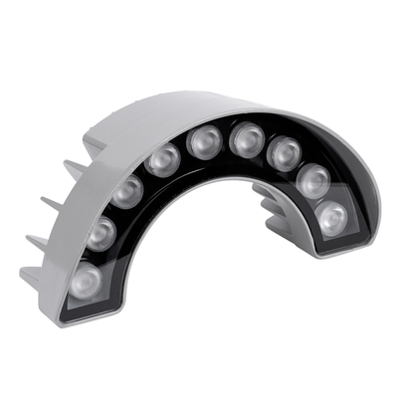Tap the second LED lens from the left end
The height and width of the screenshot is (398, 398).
pyautogui.click(x=100, y=235)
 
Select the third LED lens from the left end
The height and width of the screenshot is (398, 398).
pyautogui.click(x=125, y=191)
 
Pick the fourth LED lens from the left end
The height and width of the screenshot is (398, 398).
pyautogui.click(x=161, y=159)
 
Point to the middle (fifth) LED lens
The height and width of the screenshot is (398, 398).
pyautogui.click(x=205, y=141)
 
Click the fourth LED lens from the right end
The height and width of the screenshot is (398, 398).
pyautogui.click(x=246, y=139)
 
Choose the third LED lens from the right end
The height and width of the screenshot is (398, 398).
pyautogui.click(x=284, y=153)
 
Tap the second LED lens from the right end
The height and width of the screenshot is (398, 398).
pyautogui.click(x=312, y=180)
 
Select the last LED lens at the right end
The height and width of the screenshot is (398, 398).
pyautogui.click(x=330, y=216)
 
